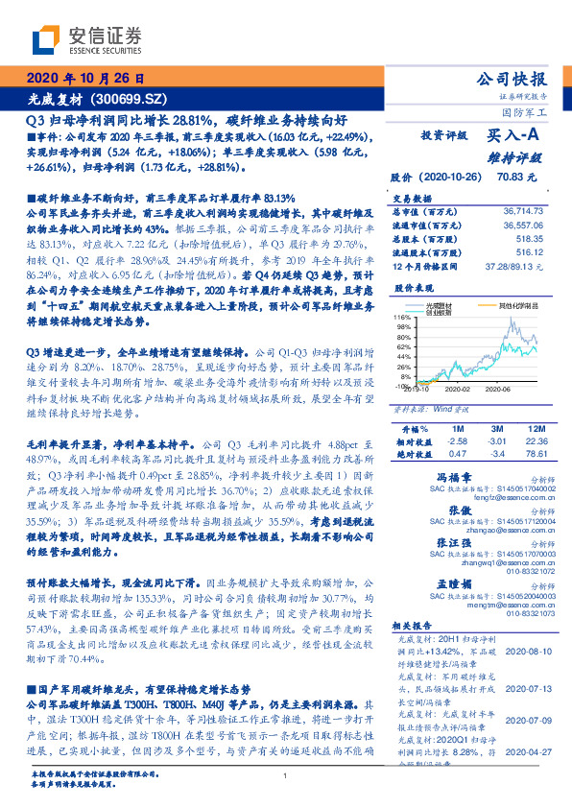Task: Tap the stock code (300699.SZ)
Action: (141, 99)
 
